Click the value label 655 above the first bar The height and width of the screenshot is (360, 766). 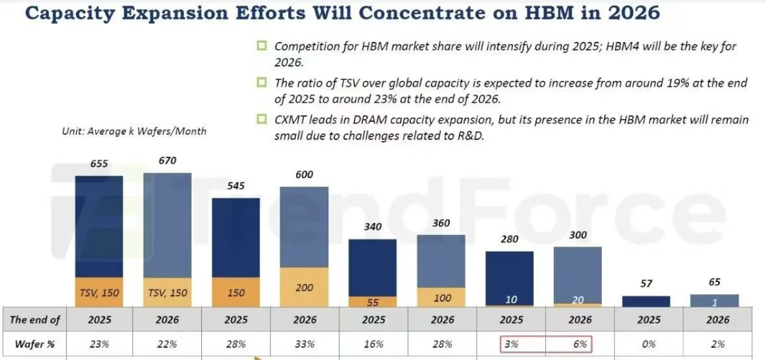click(99, 164)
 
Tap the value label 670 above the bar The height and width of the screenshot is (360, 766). click(167, 161)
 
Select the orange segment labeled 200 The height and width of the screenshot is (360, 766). click(304, 288)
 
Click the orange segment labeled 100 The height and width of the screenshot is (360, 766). click(441, 298)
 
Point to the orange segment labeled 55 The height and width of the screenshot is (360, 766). click(373, 302)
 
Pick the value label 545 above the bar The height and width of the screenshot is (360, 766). click(236, 185)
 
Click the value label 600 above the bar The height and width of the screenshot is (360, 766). click(304, 175)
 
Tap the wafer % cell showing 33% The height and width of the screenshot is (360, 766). click(305, 344)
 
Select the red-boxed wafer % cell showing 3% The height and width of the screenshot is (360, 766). click(511, 344)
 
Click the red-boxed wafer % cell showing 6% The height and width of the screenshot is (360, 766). click(579, 344)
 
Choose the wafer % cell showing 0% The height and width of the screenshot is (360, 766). click(648, 344)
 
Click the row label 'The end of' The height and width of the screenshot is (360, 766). click(35, 320)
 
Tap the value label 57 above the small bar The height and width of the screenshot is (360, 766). click(647, 283)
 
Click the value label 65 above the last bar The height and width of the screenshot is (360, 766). click(715, 282)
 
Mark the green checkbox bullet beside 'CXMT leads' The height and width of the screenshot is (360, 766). click(262, 119)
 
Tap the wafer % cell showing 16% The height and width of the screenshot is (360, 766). click(373, 344)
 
